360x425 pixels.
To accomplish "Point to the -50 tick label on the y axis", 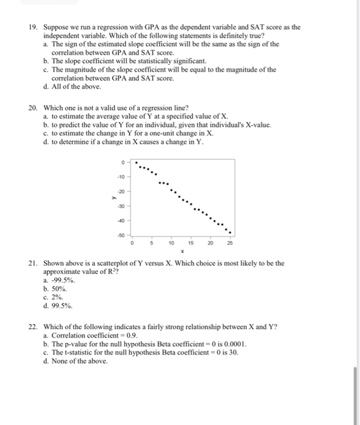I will coord(121,233).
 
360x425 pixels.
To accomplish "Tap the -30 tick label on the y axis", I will coord(121,206).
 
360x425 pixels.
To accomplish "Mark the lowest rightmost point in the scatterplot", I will coord(229,233).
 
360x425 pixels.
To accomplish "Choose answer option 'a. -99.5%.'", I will coord(59,281).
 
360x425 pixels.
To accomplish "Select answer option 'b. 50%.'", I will coord(56,289).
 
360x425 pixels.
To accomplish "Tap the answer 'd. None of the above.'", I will coord(76,361).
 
